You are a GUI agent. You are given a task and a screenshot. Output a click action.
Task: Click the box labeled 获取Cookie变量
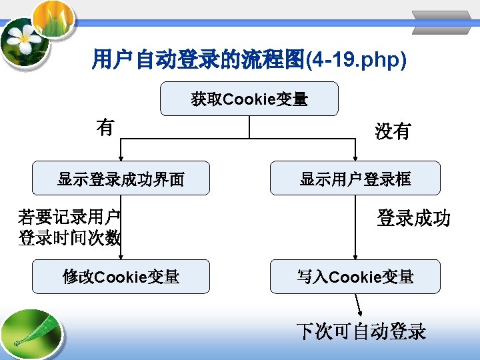pos(249,99)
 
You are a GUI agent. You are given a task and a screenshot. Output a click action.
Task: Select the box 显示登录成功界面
pos(121,179)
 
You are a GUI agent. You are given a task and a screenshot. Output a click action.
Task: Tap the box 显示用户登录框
pos(355,179)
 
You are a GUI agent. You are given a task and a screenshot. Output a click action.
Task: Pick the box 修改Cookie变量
pos(121,277)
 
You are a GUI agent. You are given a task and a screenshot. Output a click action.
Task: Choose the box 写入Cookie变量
pos(355,277)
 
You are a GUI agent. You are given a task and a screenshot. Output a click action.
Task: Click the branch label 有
pos(105,127)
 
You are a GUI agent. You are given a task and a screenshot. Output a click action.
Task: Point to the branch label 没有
pos(393,132)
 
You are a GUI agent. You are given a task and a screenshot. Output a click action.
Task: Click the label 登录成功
pos(413,218)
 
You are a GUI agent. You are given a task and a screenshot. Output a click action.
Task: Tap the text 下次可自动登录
pos(361,331)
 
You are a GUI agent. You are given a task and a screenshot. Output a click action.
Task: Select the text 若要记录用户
pos(69,217)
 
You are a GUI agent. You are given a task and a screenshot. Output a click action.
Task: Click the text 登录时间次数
pos(69,237)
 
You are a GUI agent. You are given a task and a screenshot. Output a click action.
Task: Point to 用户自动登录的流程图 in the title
pos(197,61)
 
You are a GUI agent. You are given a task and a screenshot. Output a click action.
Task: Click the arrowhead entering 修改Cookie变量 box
pos(121,257)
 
